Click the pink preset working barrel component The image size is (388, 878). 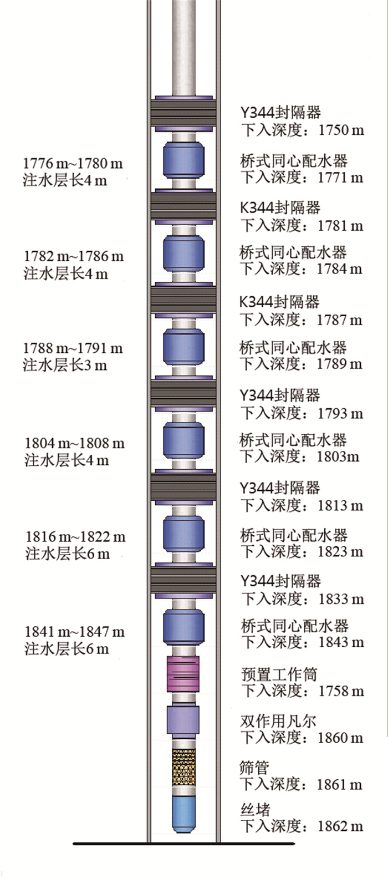coord(183,673)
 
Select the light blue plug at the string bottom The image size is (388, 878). coord(184,814)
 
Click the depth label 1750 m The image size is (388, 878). coord(341,130)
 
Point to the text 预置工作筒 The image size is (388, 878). coord(279,674)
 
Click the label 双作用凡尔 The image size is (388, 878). coord(278,721)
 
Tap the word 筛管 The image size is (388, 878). coord(254,768)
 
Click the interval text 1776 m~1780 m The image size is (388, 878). coord(73,164)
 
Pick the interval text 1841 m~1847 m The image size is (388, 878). coord(74,632)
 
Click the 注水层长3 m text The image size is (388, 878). coord(65,365)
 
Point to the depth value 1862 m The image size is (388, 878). coord(340,826)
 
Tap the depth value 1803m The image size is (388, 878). coord(338,456)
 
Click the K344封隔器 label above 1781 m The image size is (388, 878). coord(280,208)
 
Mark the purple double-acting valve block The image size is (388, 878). coord(183,719)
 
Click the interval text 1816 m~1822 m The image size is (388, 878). coord(75,537)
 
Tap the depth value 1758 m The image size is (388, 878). coord(341,691)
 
